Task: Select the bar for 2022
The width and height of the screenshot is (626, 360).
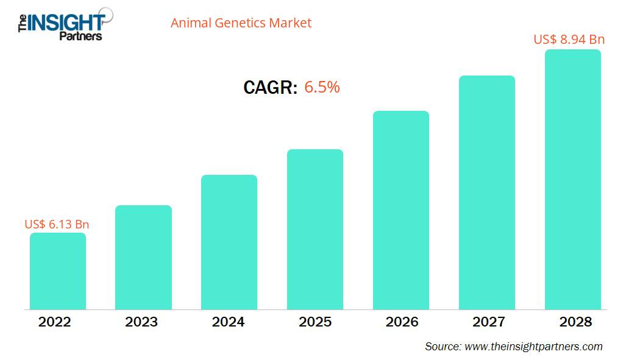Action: click(x=58, y=271)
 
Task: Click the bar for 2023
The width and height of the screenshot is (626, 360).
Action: click(x=143, y=257)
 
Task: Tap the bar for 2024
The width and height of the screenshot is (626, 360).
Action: click(x=229, y=242)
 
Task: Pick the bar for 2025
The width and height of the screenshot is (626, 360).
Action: click(x=315, y=229)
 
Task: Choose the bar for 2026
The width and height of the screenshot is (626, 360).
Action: click(x=401, y=210)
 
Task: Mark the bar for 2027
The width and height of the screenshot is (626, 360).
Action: click(x=487, y=192)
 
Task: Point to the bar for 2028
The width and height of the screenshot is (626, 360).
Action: click(x=572, y=179)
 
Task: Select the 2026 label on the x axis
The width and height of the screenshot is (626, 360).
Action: click(x=401, y=322)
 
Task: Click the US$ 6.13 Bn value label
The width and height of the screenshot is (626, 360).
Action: click(x=57, y=224)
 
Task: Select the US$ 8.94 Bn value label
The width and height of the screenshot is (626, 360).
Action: click(x=569, y=40)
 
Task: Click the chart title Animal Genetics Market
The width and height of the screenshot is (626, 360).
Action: click(x=241, y=23)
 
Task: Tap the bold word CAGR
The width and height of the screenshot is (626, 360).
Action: click(x=270, y=88)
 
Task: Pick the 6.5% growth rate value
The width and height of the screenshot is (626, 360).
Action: click(x=322, y=88)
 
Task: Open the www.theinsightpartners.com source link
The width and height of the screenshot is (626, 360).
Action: click(x=533, y=347)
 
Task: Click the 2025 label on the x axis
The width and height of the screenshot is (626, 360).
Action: click(x=315, y=322)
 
